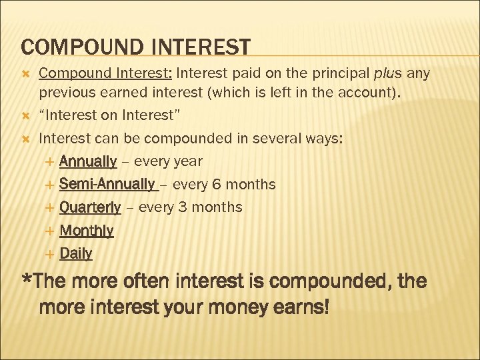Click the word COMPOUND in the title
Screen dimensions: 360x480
73,47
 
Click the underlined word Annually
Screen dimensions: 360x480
88,161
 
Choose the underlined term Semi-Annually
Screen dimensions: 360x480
107,184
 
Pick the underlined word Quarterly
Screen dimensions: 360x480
90,207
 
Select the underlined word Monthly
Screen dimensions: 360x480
87,231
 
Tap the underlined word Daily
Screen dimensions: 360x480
76,253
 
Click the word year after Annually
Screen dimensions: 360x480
187,162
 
